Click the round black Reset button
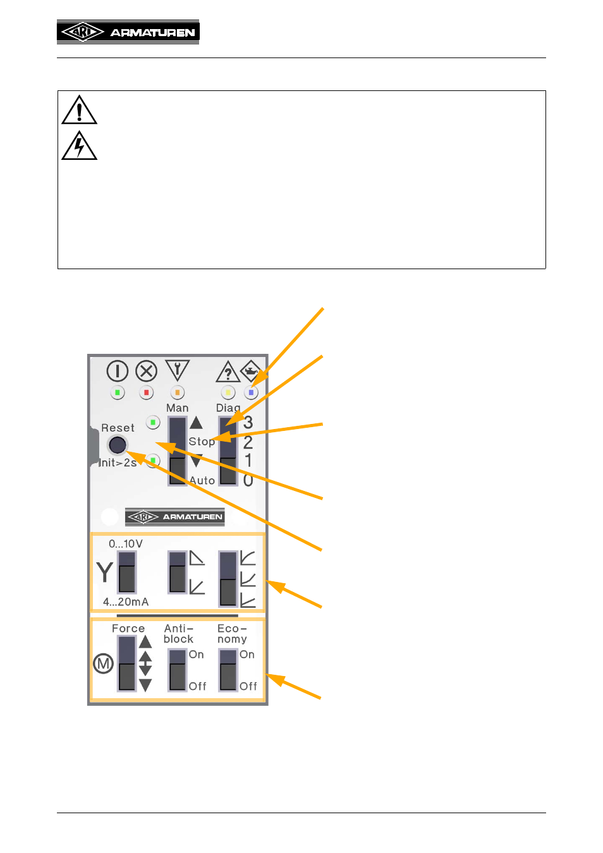118,444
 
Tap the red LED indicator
146,392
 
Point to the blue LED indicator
251,392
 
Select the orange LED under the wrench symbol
178,392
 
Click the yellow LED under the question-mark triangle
228,392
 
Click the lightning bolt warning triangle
79,146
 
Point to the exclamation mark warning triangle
79,110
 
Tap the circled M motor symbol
103,663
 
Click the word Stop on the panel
202,442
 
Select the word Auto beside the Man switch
202,480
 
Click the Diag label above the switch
228,408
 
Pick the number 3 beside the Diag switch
248,422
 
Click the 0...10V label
126,544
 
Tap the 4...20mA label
126,602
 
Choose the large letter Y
104,572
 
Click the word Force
128,628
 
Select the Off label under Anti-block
197,686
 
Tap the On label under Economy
247,654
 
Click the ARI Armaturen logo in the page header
128,32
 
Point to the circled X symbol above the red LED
146,371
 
